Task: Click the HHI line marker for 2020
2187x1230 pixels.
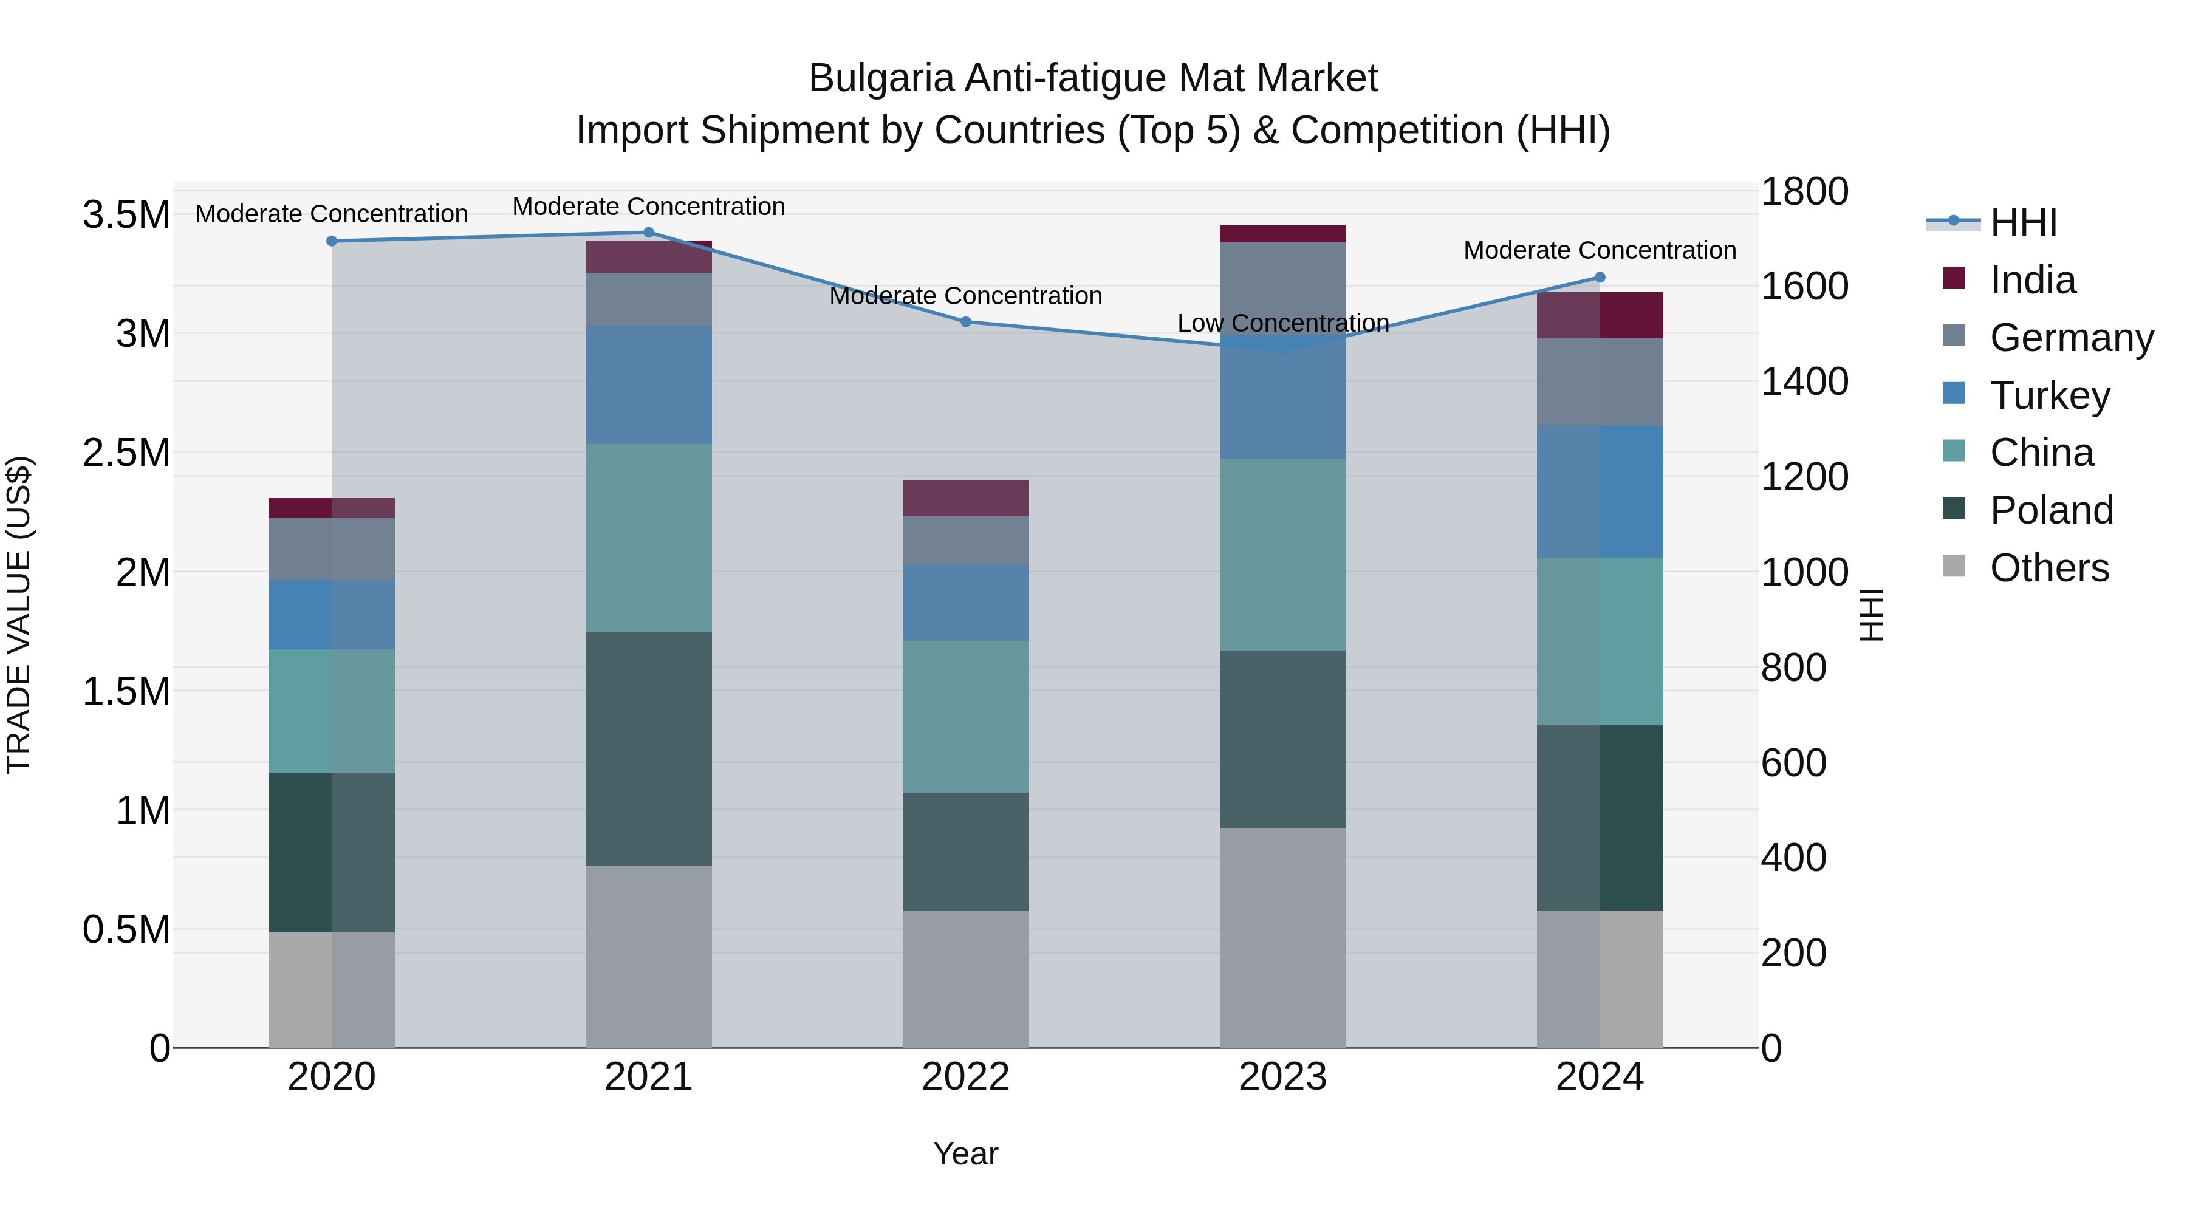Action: [332, 241]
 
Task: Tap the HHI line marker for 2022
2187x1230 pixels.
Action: [965, 322]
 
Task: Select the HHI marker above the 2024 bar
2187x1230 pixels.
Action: [1600, 278]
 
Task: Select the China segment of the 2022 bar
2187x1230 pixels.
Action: [965, 717]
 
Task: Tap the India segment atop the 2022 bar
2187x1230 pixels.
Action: [965, 498]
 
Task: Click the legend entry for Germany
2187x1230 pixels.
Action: [2071, 338]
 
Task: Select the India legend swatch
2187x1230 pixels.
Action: [1954, 278]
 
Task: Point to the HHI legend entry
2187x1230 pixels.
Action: [2022, 222]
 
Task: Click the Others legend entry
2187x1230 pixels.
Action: [2048, 568]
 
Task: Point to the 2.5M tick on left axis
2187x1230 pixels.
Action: [126, 453]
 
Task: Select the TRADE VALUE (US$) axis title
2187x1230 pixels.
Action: [19, 615]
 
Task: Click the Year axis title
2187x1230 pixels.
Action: [965, 1153]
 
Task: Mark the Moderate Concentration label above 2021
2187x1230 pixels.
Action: [649, 207]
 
